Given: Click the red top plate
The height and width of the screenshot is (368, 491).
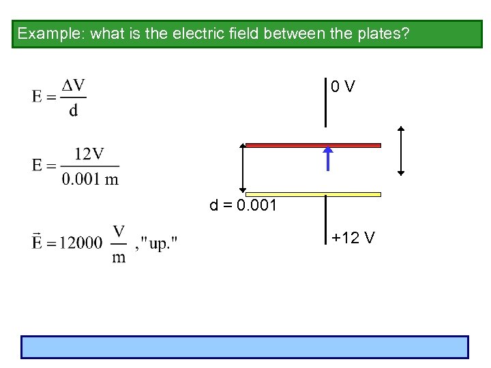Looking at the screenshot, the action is click(313, 145).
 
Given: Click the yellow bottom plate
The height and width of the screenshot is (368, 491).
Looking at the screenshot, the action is click(313, 194).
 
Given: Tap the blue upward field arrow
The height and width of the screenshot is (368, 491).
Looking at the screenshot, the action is click(328, 157).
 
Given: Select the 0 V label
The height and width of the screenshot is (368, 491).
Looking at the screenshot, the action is click(342, 87).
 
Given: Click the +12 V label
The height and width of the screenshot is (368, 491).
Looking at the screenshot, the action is click(353, 238).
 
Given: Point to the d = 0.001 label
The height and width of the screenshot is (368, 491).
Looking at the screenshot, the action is click(243, 206).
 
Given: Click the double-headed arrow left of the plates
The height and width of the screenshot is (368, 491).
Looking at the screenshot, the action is click(242, 168).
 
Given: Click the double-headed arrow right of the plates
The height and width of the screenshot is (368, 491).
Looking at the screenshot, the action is click(401, 151).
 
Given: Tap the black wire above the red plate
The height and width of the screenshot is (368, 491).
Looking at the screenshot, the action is click(325, 102).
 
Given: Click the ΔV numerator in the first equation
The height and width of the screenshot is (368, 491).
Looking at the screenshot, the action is click(74, 86).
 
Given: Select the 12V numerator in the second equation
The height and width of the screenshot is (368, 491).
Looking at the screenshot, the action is click(89, 155).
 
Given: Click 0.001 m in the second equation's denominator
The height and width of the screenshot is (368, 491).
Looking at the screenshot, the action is click(89, 179).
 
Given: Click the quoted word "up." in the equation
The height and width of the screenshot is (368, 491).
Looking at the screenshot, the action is click(158, 244).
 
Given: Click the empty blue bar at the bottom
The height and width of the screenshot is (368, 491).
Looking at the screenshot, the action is click(245, 347).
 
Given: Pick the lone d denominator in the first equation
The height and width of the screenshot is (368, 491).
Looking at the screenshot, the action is click(73, 110).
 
